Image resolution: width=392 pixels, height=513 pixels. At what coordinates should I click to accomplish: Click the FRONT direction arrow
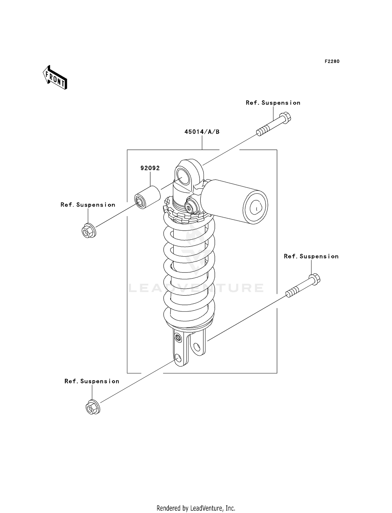(55, 78)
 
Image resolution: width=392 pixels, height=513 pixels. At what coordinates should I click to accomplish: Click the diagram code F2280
(332, 61)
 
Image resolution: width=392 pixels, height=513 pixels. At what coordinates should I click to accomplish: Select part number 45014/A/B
(202, 132)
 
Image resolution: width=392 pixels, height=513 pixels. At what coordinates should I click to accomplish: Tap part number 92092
(150, 168)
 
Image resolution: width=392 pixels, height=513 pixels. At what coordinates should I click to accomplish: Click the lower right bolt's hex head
(315, 279)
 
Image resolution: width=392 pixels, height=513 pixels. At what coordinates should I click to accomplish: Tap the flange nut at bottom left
(93, 408)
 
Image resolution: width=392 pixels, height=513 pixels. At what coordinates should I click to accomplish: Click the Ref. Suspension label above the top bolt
(273, 103)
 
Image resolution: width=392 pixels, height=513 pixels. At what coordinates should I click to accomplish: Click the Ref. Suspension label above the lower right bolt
(311, 256)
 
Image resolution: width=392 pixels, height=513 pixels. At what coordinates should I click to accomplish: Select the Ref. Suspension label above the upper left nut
(88, 205)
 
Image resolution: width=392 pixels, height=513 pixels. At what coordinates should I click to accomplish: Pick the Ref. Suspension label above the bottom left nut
(92, 381)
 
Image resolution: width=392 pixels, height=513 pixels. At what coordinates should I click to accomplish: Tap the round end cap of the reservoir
(255, 207)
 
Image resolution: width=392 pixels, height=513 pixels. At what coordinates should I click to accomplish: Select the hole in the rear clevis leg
(197, 347)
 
